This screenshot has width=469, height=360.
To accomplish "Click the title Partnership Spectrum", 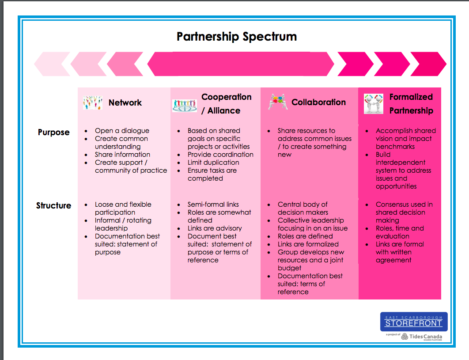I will click(237, 36).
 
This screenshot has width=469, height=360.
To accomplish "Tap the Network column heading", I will click(125, 102).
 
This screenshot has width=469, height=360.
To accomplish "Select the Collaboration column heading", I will click(318, 102).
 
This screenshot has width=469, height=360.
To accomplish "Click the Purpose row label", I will click(53, 132).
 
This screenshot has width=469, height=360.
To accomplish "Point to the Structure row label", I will click(53, 205).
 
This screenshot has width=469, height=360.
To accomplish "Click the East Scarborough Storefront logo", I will click(413, 322).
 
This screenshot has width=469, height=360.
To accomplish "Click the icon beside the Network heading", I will click(92, 102).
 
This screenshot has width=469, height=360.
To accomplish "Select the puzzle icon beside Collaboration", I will click(278, 102).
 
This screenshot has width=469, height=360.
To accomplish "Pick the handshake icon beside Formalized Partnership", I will click(373, 104).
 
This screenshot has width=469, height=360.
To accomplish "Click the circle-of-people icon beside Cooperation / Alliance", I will click(184, 105).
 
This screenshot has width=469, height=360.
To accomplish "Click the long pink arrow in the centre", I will click(241, 64).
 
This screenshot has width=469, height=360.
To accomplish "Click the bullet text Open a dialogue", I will click(122, 131).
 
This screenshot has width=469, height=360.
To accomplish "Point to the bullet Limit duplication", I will click(213, 163).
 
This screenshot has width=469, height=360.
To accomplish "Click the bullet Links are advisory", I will click(215, 228).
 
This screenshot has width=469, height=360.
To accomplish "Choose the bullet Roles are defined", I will click(305, 236).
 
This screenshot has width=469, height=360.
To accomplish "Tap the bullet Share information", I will click(122, 155).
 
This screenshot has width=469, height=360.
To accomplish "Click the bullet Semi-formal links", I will click(213, 205).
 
